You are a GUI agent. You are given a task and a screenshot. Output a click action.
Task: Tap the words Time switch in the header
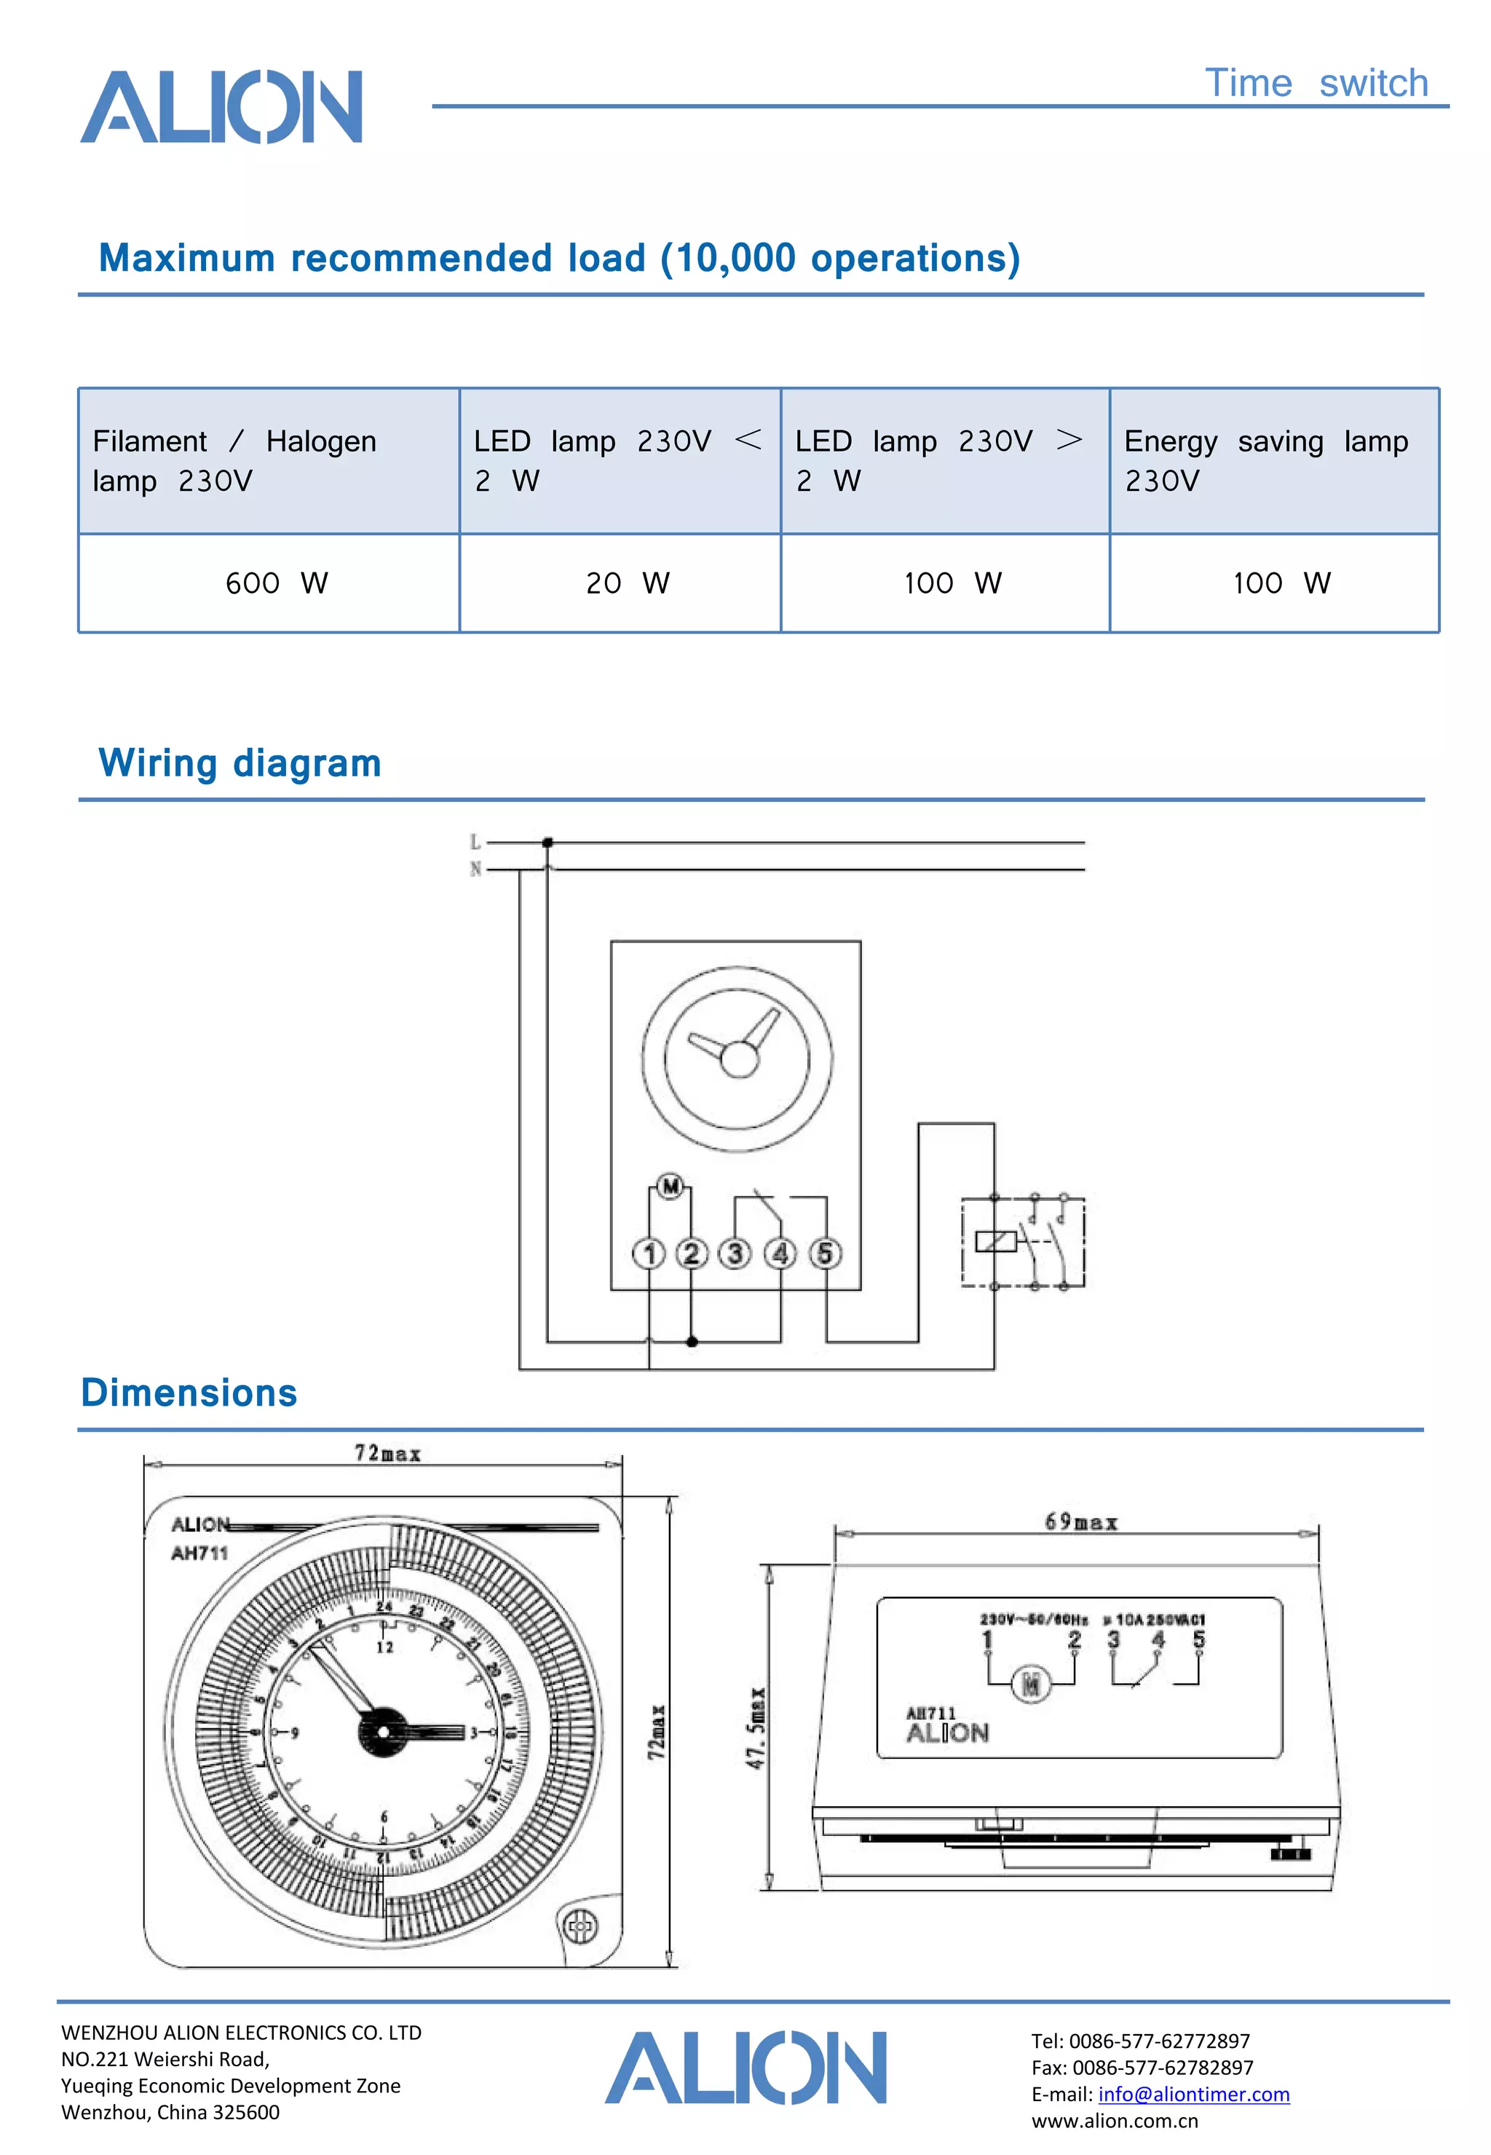pos(1316,83)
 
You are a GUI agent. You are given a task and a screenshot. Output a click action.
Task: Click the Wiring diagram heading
pos(240,763)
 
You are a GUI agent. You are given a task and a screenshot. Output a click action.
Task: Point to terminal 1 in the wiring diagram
pos(649,1253)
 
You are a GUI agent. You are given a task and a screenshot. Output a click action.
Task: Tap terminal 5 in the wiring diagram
pos(825,1253)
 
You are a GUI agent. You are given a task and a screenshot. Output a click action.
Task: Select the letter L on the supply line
pos(475,842)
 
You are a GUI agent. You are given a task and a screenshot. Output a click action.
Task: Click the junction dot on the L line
pos(547,842)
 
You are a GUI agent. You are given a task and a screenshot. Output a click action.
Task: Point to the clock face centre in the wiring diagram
pos(738,1060)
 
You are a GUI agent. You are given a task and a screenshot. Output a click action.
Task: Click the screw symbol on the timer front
pos(581,1925)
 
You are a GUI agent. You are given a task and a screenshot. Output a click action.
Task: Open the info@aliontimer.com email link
pos(1193,2095)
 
